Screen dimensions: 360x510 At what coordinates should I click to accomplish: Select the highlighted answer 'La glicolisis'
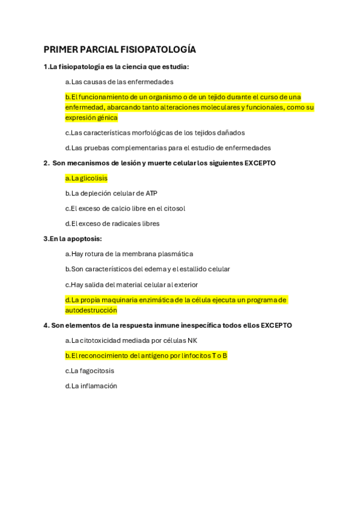[x=87, y=178]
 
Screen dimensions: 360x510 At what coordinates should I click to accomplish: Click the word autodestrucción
[x=91, y=310]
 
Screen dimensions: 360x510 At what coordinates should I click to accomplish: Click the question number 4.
[x=46, y=325]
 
